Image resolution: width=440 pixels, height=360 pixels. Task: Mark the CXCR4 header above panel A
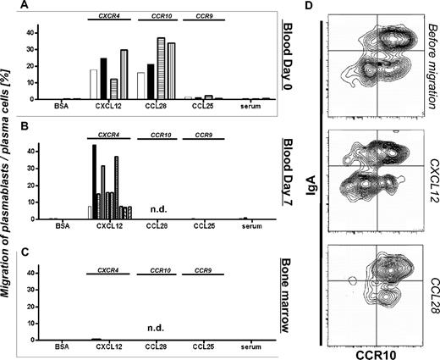108,14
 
